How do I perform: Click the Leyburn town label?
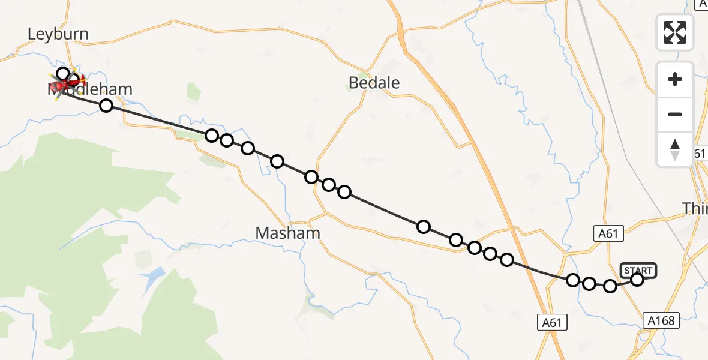[x=58, y=34]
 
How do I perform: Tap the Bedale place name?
[x=374, y=83]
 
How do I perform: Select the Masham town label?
[x=287, y=233]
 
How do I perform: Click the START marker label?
[x=638, y=271]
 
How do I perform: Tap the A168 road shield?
[x=662, y=321]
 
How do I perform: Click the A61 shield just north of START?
[x=608, y=233]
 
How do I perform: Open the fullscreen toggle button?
[x=675, y=32]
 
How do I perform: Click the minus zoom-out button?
[x=675, y=115]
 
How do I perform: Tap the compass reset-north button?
[x=675, y=149]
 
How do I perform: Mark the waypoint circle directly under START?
[x=637, y=279]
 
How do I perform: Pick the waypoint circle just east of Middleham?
[x=106, y=106]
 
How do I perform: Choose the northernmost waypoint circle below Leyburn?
[x=63, y=74]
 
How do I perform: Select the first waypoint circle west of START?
[x=610, y=286]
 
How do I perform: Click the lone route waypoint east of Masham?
[x=424, y=226]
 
